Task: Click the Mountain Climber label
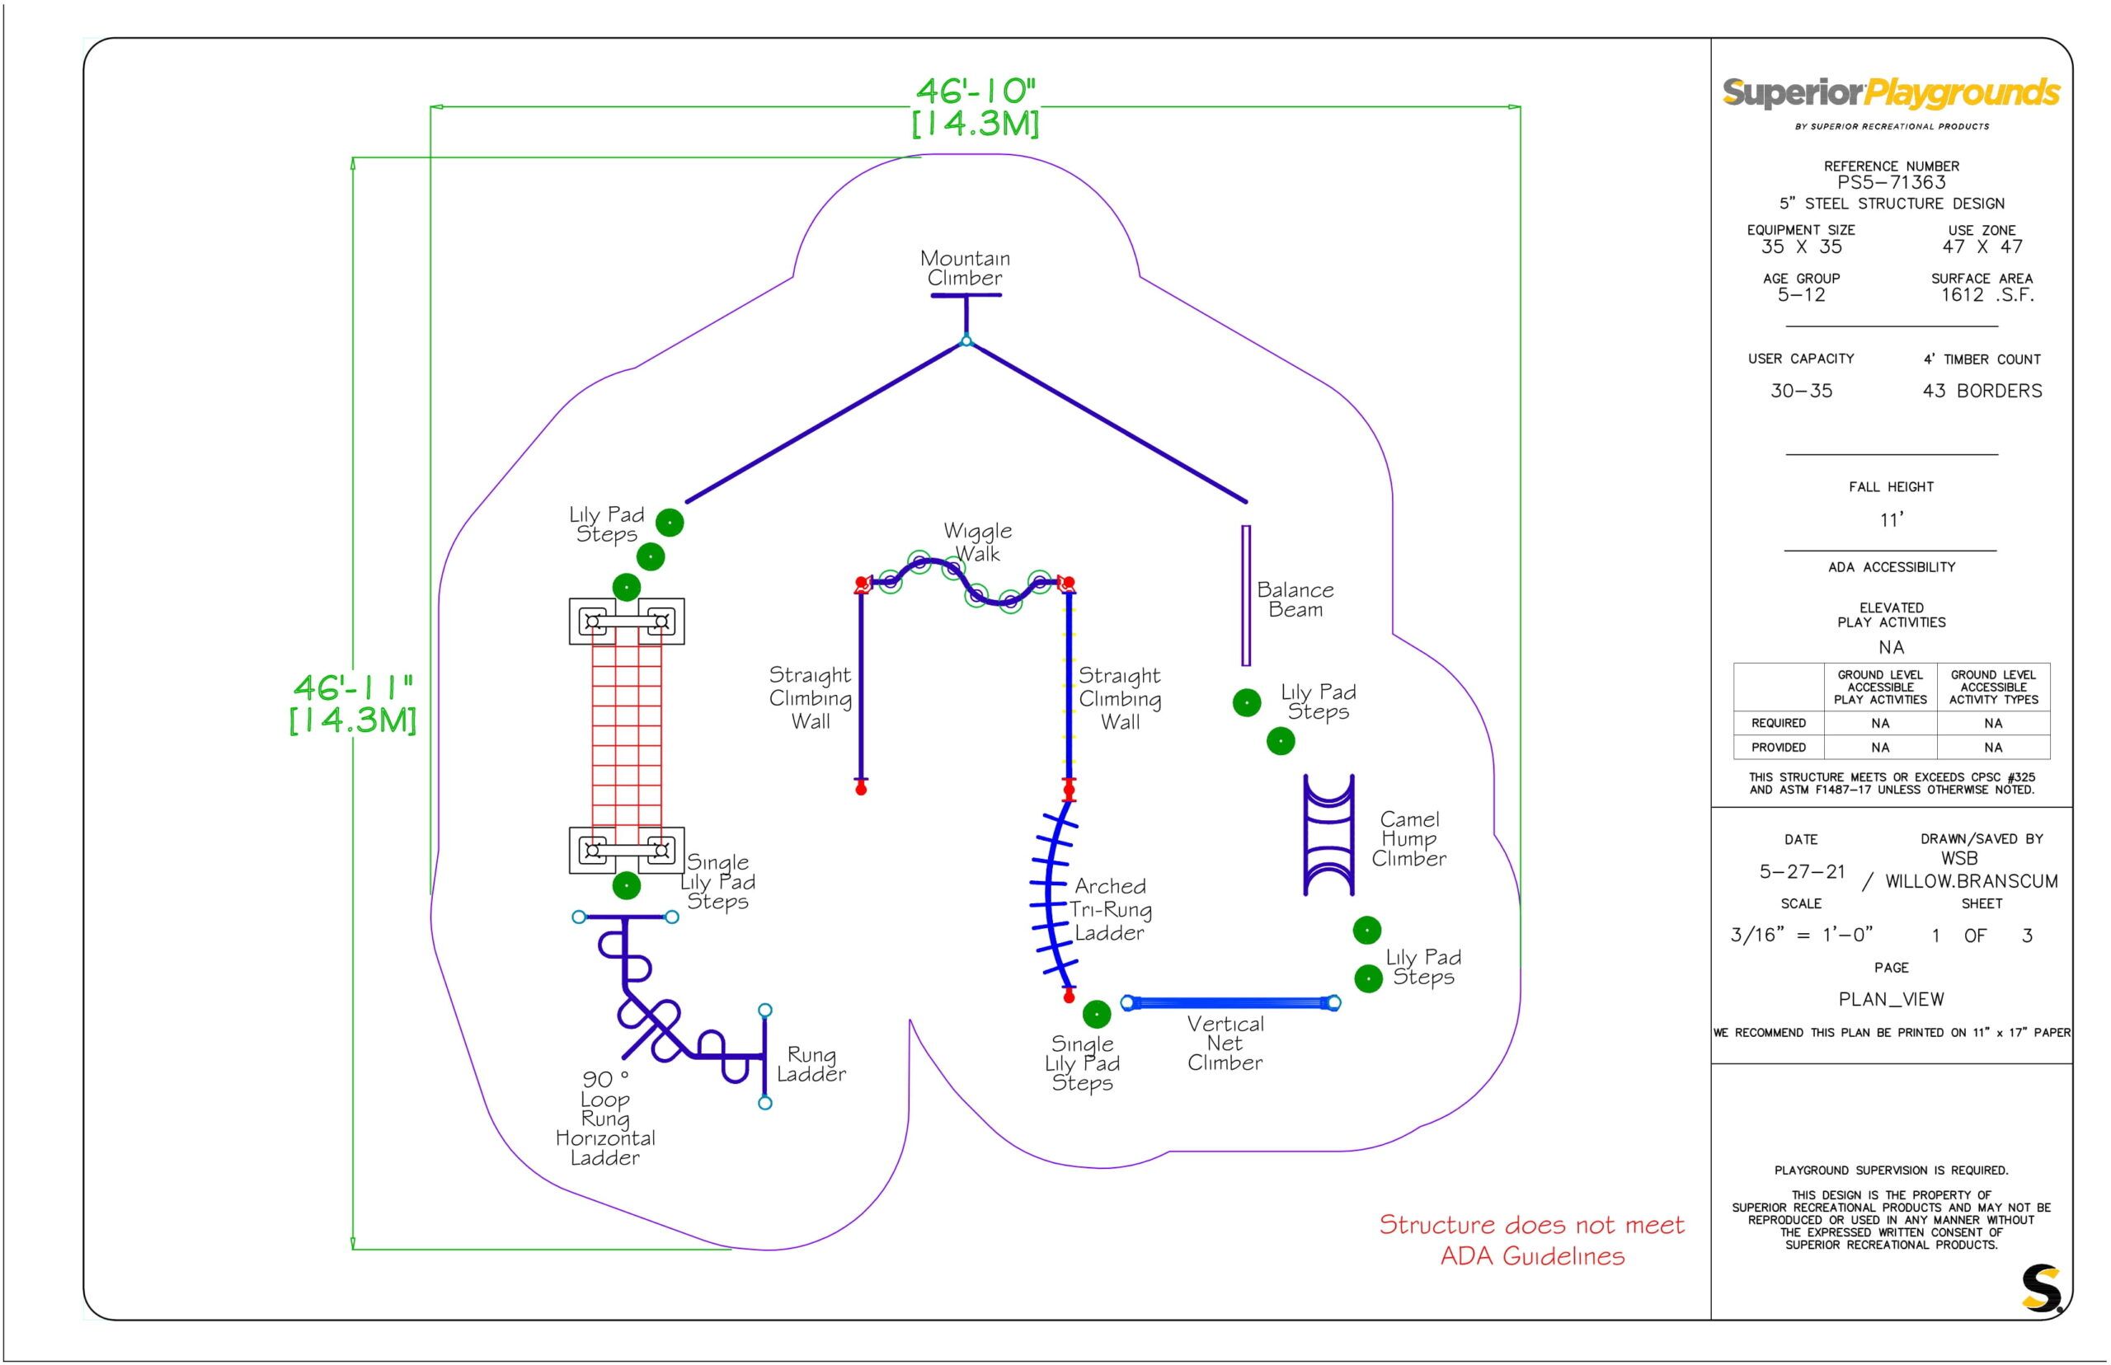965,268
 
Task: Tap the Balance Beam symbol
1246,595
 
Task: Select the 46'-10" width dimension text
976,107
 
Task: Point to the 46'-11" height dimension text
353,704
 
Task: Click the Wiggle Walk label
977,542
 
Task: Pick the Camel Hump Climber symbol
1328,834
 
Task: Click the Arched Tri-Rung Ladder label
1110,909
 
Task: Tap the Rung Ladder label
811,1064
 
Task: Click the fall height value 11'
1891,520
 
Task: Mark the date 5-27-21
1802,872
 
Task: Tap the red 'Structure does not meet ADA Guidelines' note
1531,1240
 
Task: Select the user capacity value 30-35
1801,391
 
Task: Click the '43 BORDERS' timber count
1982,391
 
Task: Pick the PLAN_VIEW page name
1891,1000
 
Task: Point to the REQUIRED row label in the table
1779,723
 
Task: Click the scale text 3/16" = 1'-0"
1801,935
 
